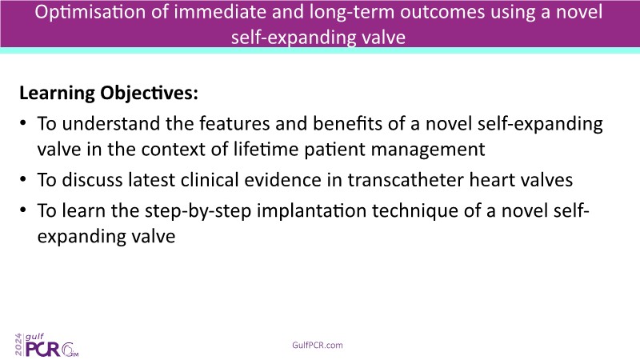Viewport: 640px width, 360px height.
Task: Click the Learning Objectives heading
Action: point(109,93)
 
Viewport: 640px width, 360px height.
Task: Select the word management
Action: point(428,150)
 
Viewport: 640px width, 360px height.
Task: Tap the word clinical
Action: point(210,180)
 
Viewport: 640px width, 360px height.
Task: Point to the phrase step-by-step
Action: point(198,211)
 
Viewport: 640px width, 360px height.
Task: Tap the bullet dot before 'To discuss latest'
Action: point(23,179)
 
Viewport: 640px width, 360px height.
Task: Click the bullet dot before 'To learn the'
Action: point(23,210)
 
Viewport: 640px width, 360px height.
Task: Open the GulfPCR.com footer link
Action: point(318,346)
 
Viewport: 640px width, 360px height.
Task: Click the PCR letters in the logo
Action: point(43,349)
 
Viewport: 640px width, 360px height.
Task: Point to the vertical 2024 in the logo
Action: point(18,345)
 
